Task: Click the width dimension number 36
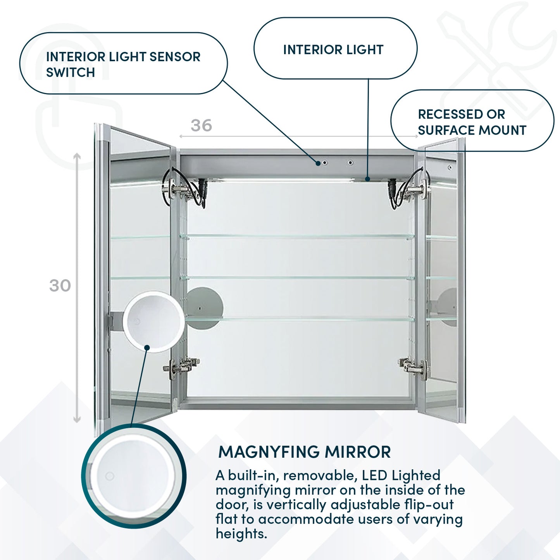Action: tap(201, 126)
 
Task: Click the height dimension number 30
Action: tap(60, 286)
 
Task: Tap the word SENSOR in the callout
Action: tap(175, 57)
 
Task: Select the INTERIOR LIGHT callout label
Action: tap(333, 50)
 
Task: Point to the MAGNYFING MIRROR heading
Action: tap(305, 452)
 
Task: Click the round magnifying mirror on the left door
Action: tap(154, 321)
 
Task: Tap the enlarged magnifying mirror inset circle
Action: tap(134, 476)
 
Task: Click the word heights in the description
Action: tap(241, 534)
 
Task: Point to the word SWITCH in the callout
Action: tap(71, 72)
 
